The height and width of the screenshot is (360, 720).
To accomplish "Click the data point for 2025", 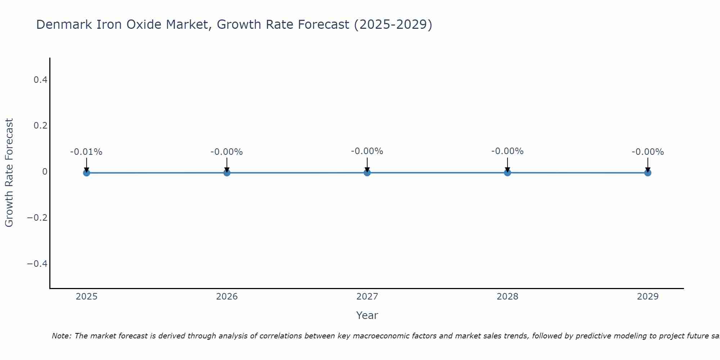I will click(x=86, y=173).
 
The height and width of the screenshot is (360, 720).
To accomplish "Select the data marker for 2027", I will click(x=367, y=173).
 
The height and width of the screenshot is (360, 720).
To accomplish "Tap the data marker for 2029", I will click(x=648, y=173).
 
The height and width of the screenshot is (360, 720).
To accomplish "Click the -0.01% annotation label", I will click(x=86, y=152).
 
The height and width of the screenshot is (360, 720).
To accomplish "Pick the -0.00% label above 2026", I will click(x=227, y=152).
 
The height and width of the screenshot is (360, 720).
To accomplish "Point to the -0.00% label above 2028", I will click(x=507, y=151).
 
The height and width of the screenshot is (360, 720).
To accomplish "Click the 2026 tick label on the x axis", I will click(x=227, y=297).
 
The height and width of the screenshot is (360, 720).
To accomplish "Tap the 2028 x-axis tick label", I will click(x=507, y=297).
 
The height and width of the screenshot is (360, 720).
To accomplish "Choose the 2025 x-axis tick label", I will click(x=87, y=297).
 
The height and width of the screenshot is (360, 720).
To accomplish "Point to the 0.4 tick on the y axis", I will click(x=41, y=80).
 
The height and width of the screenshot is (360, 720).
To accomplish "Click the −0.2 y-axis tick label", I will click(x=37, y=218).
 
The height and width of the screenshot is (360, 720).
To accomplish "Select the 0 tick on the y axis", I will click(x=45, y=172).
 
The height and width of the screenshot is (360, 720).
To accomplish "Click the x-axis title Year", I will click(x=367, y=315).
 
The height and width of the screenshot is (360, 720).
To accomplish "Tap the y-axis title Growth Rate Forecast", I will click(x=9, y=172).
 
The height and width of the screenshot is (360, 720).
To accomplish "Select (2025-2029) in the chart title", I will click(x=393, y=25).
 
